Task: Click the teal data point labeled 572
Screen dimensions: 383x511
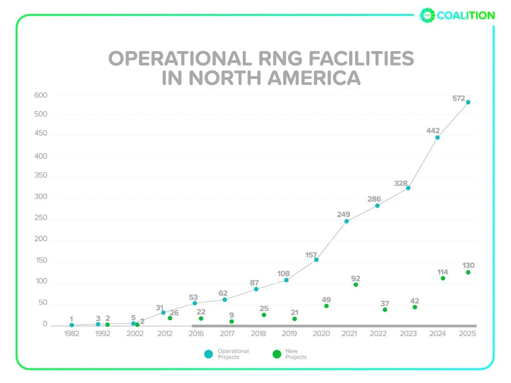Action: click(468, 102)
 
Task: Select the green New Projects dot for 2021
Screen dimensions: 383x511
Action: click(356, 285)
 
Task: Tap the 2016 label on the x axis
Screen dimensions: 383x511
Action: click(196, 334)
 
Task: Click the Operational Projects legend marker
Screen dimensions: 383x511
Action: click(208, 354)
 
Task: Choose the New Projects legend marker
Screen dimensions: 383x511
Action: click(277, 354)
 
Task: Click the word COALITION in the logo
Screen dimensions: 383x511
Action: click(466, 16)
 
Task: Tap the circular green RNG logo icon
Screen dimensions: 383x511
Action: click(427, 16)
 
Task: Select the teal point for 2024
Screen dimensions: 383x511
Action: click(437, 137)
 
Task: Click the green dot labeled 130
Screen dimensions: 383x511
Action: click(468, 272)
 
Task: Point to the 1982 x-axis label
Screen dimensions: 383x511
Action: click(72, 334)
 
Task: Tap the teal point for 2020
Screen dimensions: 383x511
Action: click(316, 260)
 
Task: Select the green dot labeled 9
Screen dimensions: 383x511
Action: click(232, 322)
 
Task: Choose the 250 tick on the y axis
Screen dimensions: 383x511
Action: click(41, 218)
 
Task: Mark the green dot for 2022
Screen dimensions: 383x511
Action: click(385, 310)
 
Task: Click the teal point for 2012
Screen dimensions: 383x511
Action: click(163, 312)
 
